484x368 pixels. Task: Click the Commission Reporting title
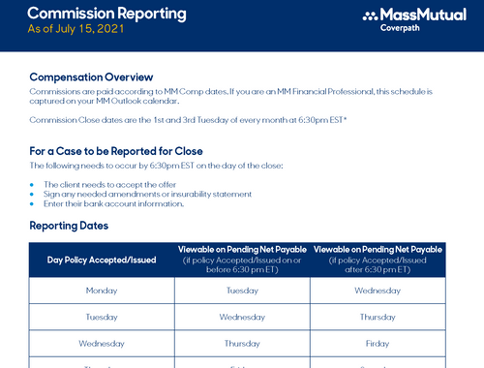coord(106,14)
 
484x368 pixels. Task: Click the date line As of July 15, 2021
coord(76,29)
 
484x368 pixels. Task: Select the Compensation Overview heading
coord(92,77)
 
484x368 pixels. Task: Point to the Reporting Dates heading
coord(69,226)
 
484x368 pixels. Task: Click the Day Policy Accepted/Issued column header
coord(102,260)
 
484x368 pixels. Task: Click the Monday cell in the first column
coord(102,291)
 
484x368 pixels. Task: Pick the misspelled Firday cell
coord(378,343)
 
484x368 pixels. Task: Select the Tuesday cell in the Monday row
coord(242,291)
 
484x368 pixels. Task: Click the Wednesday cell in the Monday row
coord(378,291)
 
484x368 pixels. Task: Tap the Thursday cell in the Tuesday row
coord(378,317)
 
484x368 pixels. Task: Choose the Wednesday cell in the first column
coord(102,343)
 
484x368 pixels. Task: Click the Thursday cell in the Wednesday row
coord(242,343)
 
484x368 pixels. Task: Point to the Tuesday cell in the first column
coord(102,317)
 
